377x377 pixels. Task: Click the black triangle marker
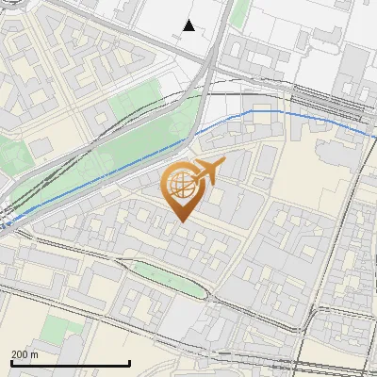click(x=189, y=25)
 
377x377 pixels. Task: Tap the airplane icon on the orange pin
click(x=207, y=171)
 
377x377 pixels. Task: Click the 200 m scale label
click(x=25, y=354)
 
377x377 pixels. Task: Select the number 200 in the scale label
click(x=20, y=354)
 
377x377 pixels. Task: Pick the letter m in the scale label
click(x=34, y=354)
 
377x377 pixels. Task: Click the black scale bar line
click(x=71, y=364)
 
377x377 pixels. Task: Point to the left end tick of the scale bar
click(x=11, y=362)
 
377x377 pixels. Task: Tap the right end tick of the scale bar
click(x=129, y=362)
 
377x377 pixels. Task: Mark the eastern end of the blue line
click(x=374, y=139)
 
